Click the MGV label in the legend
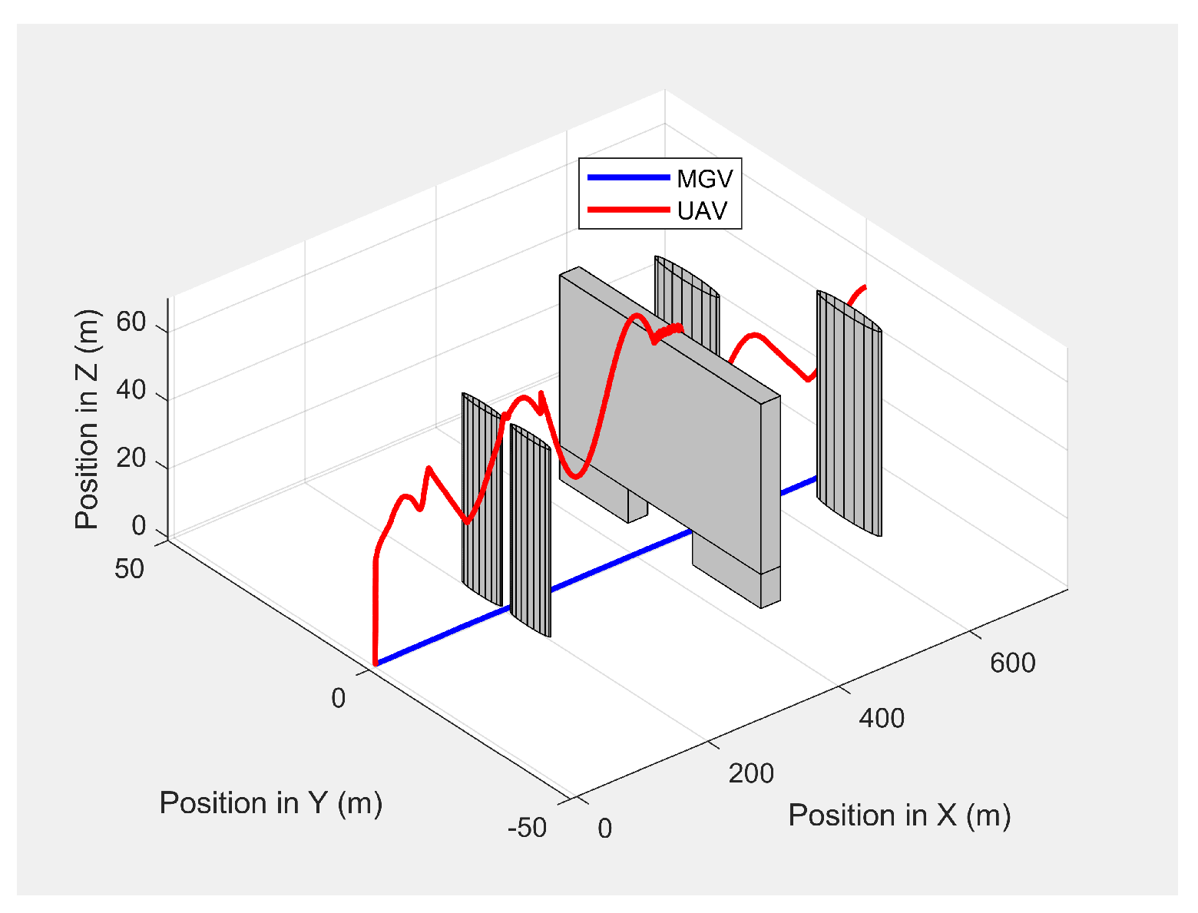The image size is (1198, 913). tap(704, 179)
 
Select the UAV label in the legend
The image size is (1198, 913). tap(702, 210)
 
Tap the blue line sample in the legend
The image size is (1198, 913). tap(628, 177)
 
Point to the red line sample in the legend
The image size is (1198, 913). tap(628, 209)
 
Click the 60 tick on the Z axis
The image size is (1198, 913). tap(131, 323)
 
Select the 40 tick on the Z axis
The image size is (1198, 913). tap(131, 390)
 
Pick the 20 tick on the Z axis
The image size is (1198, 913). tap(131, 458)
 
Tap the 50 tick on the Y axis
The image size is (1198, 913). tap(130, 568)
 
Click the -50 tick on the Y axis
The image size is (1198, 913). tap(527, 828)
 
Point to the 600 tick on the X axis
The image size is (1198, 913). tap(1012, 663)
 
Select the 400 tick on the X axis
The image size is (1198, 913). tap(882, 719)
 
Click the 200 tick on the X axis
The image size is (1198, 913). tap(751, 773)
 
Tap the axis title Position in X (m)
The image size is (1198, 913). tap(899, 815)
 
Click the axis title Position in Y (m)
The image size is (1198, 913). tap(271, 802)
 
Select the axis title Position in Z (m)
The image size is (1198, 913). tap(88, 419)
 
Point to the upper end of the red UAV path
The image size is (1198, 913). tap(865, 287)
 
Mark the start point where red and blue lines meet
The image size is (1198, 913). tap(375, 663)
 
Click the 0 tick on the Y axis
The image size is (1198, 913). tap(338, 698)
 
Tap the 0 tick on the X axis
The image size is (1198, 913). tap(604, 829)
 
